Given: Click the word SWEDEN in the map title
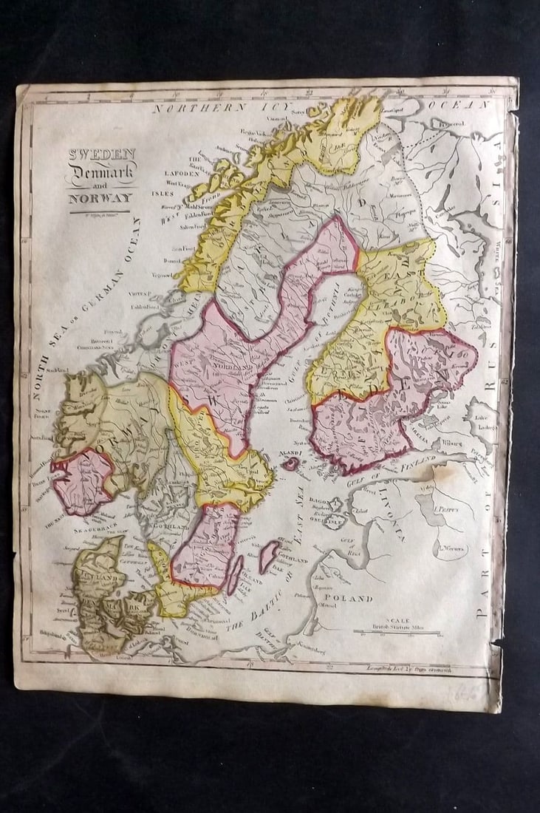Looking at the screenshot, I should point(102,154).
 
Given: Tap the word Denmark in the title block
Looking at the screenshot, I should point(101,174).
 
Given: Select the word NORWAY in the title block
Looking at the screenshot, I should point(100,198).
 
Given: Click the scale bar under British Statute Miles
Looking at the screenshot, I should point(397,633).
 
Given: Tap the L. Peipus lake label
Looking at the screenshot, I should point(448,509).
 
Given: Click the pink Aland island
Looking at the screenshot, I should point(292,463).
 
